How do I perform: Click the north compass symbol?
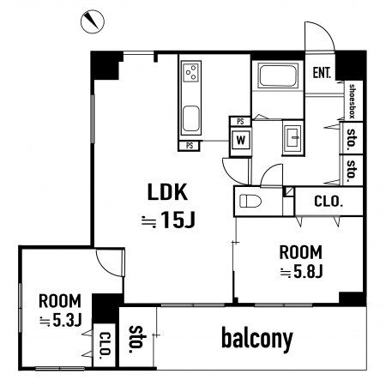click(x=92, y=21)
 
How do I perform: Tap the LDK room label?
click(x=167, y=192)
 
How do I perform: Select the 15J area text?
click(x=169, y=220)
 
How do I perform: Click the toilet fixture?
click(x=250, y=201)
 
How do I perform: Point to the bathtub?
click(x=277, y=75)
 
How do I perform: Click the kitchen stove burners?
click(x=191, y=72)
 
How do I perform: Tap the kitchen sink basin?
click(x=191, y=119)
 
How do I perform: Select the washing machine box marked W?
click(x=241, y=141)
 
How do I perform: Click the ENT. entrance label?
click(x=322, y=73)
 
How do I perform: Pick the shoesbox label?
click(x=353, y=101)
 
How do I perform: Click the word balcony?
click(x=257, y=340)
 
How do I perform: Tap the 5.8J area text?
click(x=301, y=271)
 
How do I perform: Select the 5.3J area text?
click(x=61, y=321)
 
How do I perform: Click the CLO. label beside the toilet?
click(x=329, y=202)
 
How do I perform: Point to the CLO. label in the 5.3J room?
click(x=105, y=346)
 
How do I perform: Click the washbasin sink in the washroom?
click(x=293, y=137)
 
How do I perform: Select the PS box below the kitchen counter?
click(x=190, y=146)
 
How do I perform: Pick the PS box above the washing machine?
click(x=240, y=121)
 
